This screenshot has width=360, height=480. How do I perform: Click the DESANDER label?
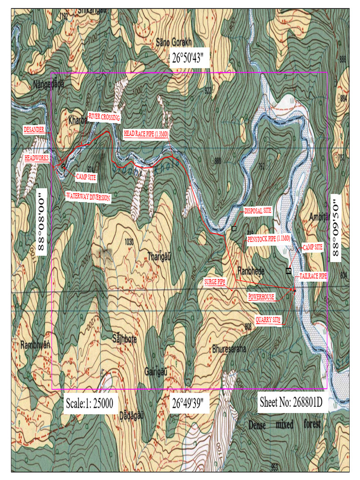[34, 130]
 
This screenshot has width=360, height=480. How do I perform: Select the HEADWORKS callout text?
[37, 158]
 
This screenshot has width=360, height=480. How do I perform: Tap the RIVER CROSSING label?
[104, 117]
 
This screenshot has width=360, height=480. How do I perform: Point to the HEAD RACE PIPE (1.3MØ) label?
[146, 134]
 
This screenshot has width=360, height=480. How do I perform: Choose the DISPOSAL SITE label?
[258, 211]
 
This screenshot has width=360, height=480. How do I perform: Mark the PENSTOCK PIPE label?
[269, 239]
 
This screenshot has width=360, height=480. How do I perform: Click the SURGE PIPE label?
[215, 281]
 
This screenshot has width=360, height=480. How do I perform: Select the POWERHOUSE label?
[261, 297]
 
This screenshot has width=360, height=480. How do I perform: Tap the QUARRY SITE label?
[268, 320]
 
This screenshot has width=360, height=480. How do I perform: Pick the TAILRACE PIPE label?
[313, 277]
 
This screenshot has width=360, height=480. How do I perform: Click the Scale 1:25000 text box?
[89, 403]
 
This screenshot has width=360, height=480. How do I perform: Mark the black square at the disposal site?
[234, 228]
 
